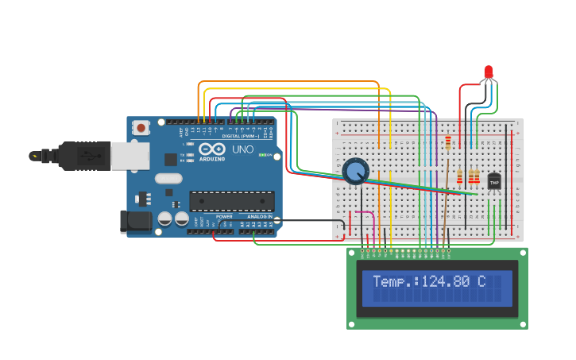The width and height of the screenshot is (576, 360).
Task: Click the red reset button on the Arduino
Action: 141,127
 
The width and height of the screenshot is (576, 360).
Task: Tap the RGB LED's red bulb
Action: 488,72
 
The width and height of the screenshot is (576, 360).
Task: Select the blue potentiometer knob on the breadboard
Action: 355,170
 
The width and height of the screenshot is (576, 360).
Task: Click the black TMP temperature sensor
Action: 494,183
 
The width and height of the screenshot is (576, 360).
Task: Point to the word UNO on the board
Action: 242,149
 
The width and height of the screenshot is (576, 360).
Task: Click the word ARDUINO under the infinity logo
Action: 212,158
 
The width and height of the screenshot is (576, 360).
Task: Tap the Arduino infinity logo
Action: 212,149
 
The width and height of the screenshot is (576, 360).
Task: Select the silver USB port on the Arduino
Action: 129,156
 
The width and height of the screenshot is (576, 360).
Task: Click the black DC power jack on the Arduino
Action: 135,222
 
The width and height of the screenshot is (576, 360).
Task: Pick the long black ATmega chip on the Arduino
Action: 231,201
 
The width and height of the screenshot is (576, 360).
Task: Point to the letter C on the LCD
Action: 481,281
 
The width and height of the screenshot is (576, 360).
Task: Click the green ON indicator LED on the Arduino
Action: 261,155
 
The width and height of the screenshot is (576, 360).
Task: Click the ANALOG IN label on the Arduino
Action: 259,216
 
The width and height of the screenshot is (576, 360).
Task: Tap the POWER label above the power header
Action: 225,216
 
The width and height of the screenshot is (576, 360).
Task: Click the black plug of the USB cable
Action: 83,156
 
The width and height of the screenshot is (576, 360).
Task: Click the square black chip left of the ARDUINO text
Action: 171,159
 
